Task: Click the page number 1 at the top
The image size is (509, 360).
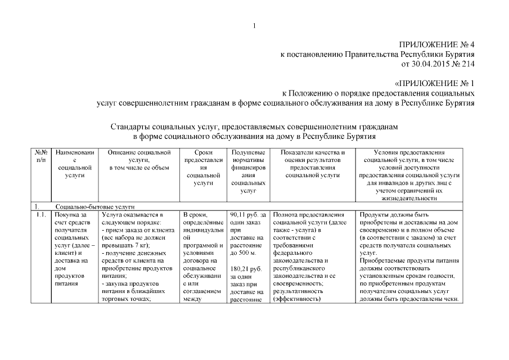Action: [x=254, y=25]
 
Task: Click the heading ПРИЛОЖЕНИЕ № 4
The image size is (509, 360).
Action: [x=436, y=44]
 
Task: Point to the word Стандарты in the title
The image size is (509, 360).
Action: [x=132, y=127]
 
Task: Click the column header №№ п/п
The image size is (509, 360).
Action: [x=40, y=156]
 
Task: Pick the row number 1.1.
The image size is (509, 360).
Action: [x=39, y=214]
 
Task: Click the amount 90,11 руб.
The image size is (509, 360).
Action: [x=245, y=214]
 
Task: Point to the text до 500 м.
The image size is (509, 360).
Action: [x=244, y=253]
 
